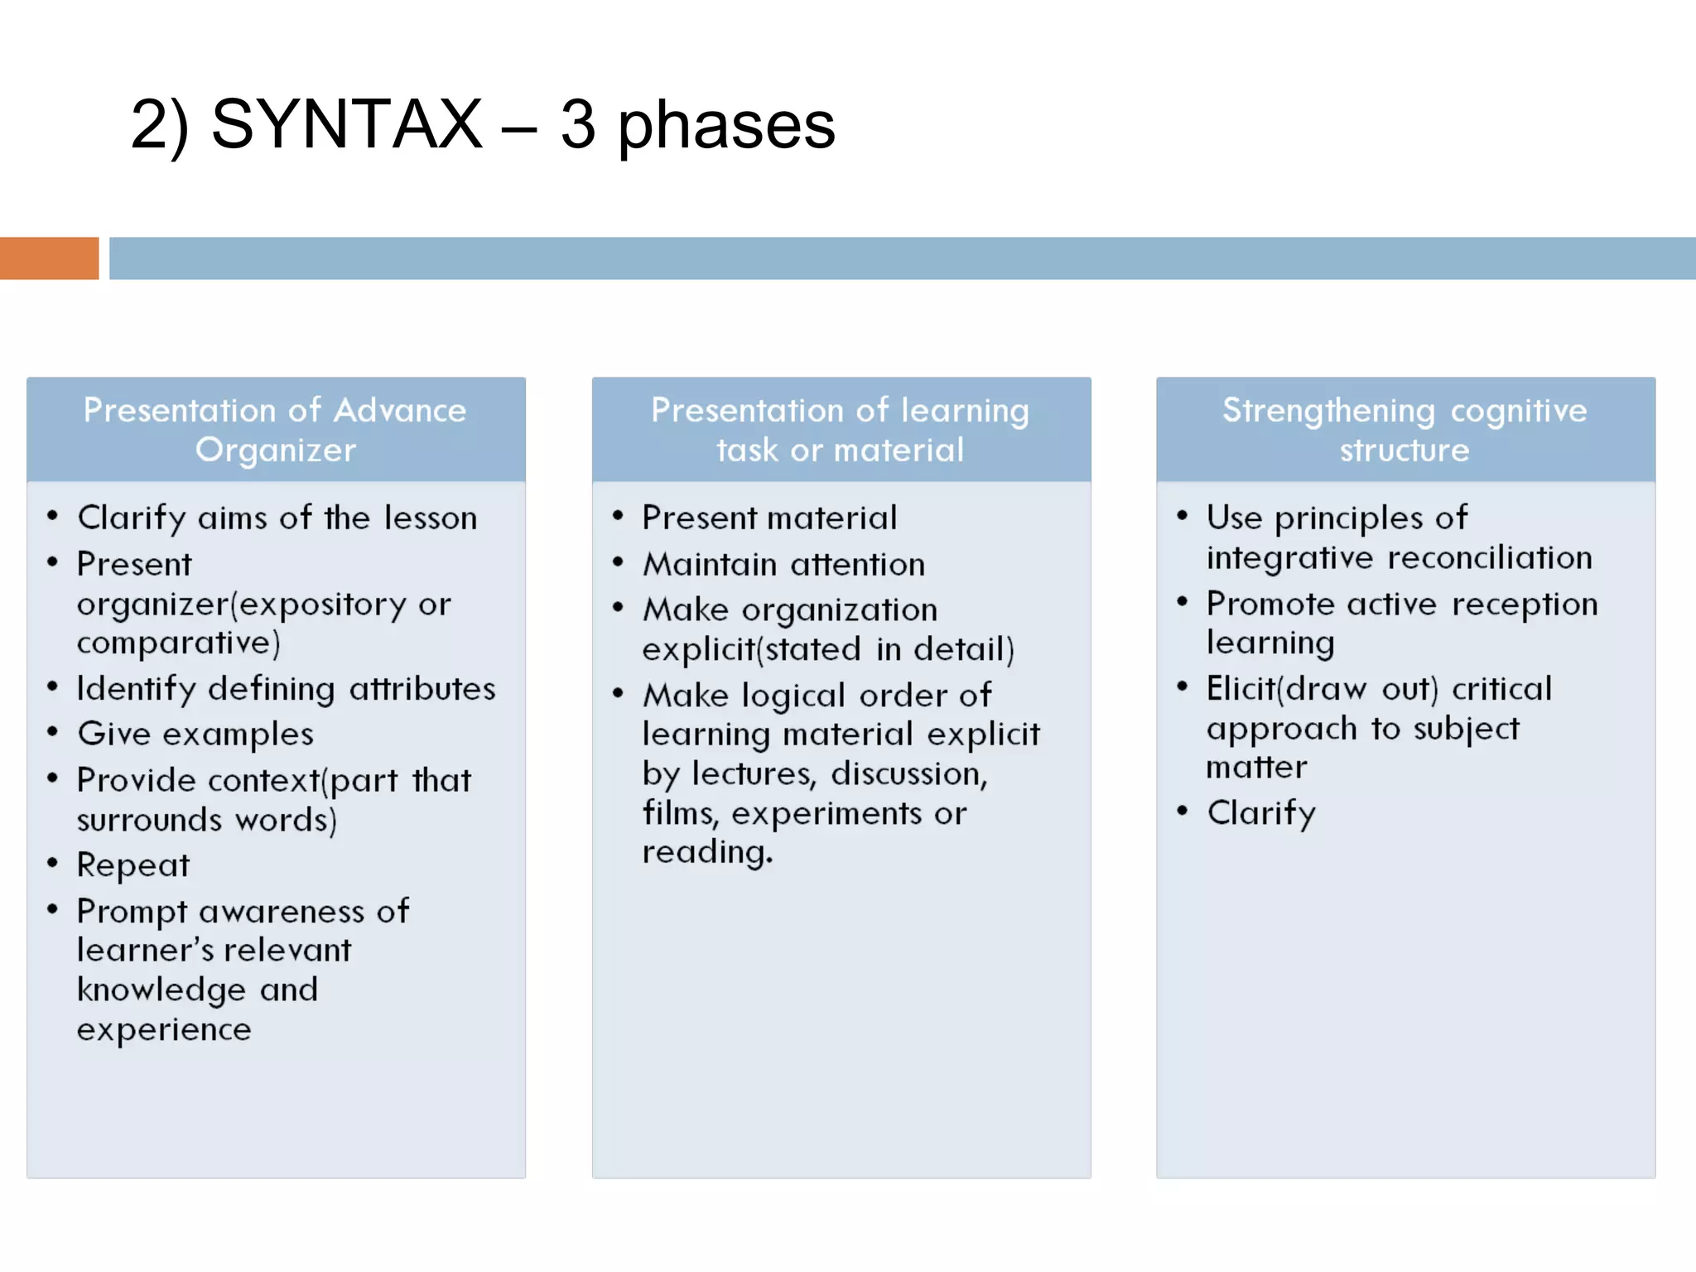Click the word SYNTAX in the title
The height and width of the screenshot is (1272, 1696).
tap(346, 124)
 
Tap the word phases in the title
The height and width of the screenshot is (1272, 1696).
tap(726, 126)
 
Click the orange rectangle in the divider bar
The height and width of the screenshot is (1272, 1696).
tap(49, 258)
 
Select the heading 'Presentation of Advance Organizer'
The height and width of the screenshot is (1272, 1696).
tap(275, 430)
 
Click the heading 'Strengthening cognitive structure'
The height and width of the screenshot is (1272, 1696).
tap(1404, 430)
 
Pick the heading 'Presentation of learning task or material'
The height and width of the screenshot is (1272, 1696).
tap(840, 430)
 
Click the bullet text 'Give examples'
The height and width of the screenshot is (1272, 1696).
tap(195, 735)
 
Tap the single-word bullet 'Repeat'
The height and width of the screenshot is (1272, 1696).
tap(133, 865)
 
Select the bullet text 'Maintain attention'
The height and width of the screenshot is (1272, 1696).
tap(783, 565)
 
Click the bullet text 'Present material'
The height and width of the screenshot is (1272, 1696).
tap(769, 518)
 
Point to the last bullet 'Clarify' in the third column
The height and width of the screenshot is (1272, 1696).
tap(1260, 813)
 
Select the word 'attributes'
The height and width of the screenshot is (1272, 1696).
tap(422, 689)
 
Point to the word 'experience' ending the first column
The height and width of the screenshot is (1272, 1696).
tap(164, 1029)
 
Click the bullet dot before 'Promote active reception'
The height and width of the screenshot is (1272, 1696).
tap(1182, 602)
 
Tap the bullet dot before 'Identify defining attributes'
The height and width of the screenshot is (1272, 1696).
tap(53, 687)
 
